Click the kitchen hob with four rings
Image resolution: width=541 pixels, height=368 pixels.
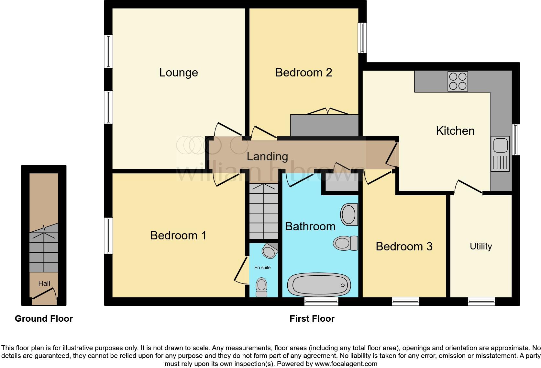coord(458,81)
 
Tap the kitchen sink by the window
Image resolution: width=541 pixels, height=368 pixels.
coord(500,154)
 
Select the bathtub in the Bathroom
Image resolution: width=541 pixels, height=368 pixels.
coord(319,285)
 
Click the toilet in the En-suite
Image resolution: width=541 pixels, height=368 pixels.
coord(261,287)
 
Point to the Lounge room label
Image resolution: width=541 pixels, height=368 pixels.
coord(178,73)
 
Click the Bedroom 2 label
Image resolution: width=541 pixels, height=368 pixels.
coord(304,73)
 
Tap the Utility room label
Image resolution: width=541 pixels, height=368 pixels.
coord(481,247)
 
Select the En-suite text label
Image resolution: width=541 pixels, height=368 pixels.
coord(262,268)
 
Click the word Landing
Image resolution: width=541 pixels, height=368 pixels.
coord(267,156)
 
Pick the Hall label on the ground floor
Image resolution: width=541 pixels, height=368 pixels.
coord(44,283)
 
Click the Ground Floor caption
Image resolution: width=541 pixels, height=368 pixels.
coord(44,319)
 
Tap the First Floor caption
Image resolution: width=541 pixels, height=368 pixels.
coord(312,319)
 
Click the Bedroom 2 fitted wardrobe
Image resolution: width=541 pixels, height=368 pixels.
coord(324,125)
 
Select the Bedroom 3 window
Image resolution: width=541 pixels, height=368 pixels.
coord(405,301)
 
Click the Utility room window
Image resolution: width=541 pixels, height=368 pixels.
coord(481,301)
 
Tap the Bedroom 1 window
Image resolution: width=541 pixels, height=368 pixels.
coord(108,236)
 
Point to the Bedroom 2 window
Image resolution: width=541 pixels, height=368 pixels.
coord(362,38)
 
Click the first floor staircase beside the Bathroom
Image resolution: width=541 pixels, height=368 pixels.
coord(264,211)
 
